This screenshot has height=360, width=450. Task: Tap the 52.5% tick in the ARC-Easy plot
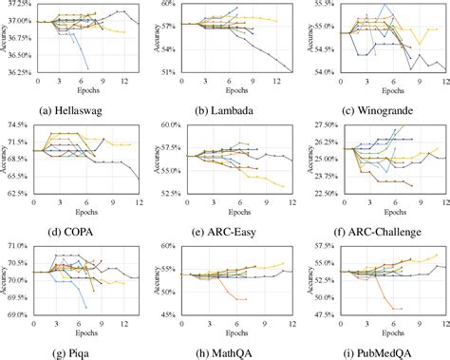(x=171, y=193)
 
